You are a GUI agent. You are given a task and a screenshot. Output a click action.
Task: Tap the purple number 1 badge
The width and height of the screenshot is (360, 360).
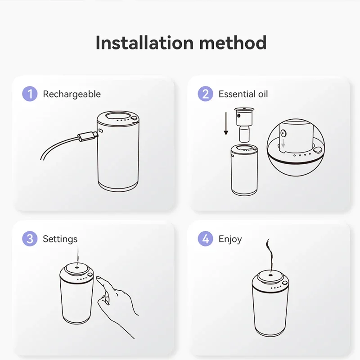30,94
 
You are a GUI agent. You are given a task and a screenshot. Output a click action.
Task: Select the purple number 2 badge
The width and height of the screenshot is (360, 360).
205,94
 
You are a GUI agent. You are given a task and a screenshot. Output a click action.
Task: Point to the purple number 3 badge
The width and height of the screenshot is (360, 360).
30,239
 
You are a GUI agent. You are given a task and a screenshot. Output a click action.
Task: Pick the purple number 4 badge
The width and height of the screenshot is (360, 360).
205,239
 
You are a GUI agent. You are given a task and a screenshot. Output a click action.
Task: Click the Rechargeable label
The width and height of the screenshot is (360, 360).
72,94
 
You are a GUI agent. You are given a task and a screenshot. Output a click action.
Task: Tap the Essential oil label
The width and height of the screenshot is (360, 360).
243,94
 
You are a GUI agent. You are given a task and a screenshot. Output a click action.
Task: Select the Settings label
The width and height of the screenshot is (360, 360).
60,239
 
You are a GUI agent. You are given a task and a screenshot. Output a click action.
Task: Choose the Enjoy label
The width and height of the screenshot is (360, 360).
230,239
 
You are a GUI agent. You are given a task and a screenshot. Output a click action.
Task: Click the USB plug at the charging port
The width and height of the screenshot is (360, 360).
87,136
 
